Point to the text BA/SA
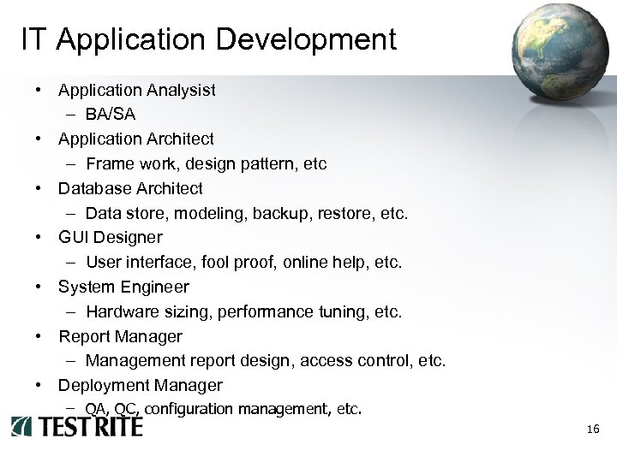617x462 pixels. click(x=109, y=114)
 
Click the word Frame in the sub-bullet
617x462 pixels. click(x=109, y=163)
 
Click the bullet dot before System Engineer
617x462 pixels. click(x=39, y=287)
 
